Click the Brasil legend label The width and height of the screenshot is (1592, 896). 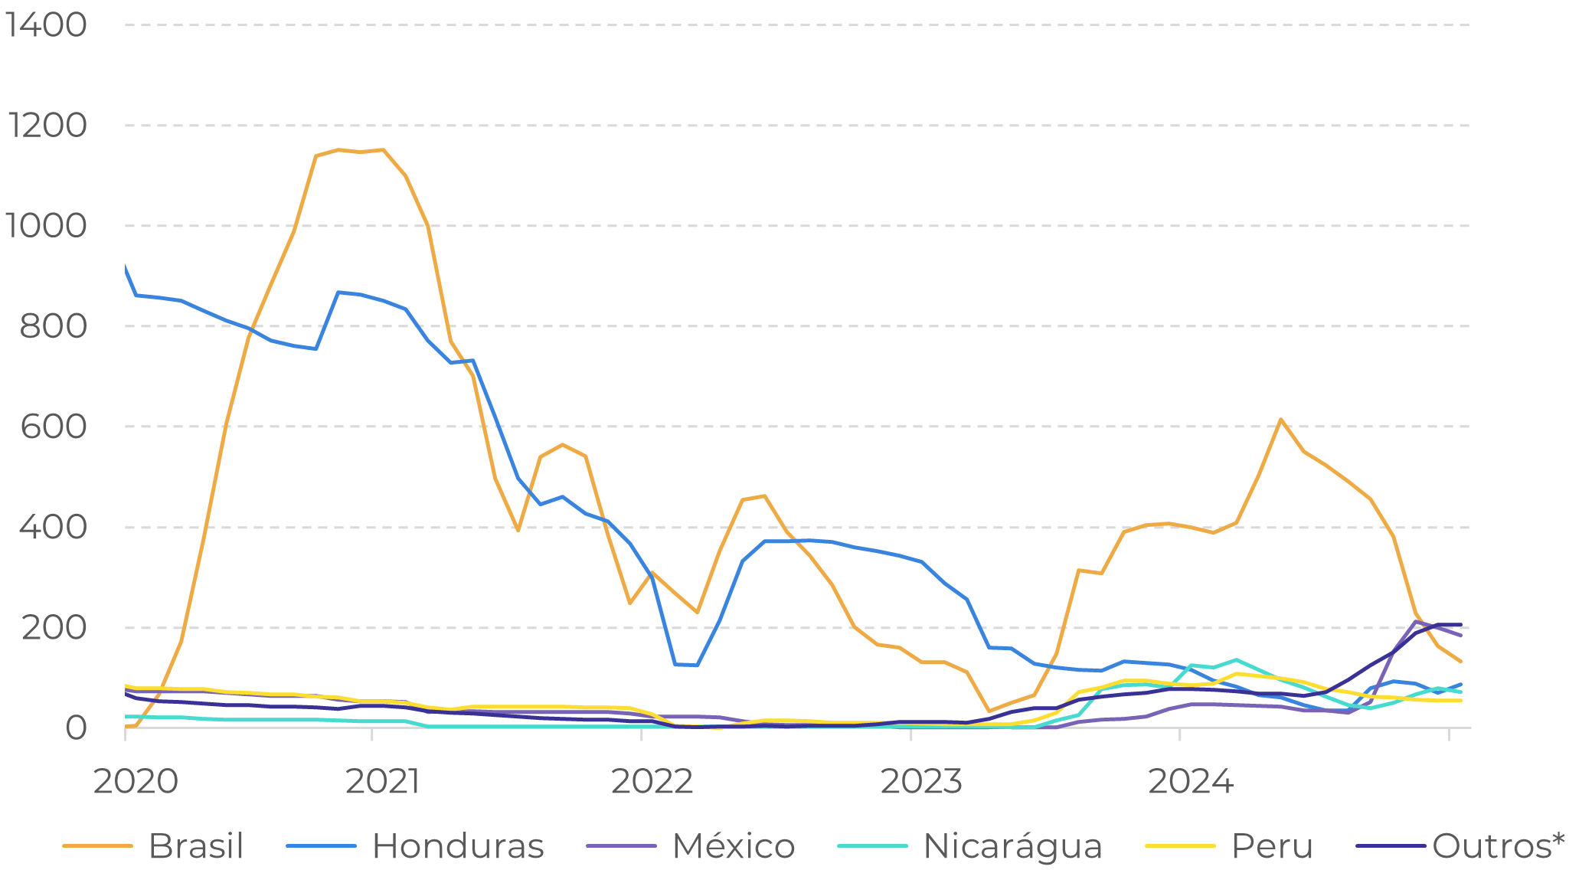(195, 846)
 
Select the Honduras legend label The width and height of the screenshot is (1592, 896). (458, 846)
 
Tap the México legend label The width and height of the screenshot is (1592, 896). (733, 846)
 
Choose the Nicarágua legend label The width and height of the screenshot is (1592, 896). (1012, 846)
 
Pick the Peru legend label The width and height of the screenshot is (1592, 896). (1272, 846)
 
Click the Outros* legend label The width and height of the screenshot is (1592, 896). (1498, 846)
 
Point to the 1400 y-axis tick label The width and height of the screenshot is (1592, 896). (46, 25)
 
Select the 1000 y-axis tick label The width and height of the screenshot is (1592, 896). (46, 226)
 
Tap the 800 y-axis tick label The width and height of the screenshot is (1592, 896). (53, 326)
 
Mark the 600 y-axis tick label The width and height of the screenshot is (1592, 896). (53, 427)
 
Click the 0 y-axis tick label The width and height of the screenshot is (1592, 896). (75, 728)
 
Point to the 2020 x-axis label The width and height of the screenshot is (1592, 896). (136, 782)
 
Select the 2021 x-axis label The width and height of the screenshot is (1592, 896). (383, 782)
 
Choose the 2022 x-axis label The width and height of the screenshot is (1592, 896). (652, 782)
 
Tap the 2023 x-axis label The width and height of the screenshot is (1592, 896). (921, 782)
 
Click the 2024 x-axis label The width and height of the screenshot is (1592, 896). (1191, 782)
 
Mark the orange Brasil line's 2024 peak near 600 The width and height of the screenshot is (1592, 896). (1280, 420)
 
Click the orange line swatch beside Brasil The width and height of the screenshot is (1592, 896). (97, 846)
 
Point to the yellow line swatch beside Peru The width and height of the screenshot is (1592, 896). (1180, 846)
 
